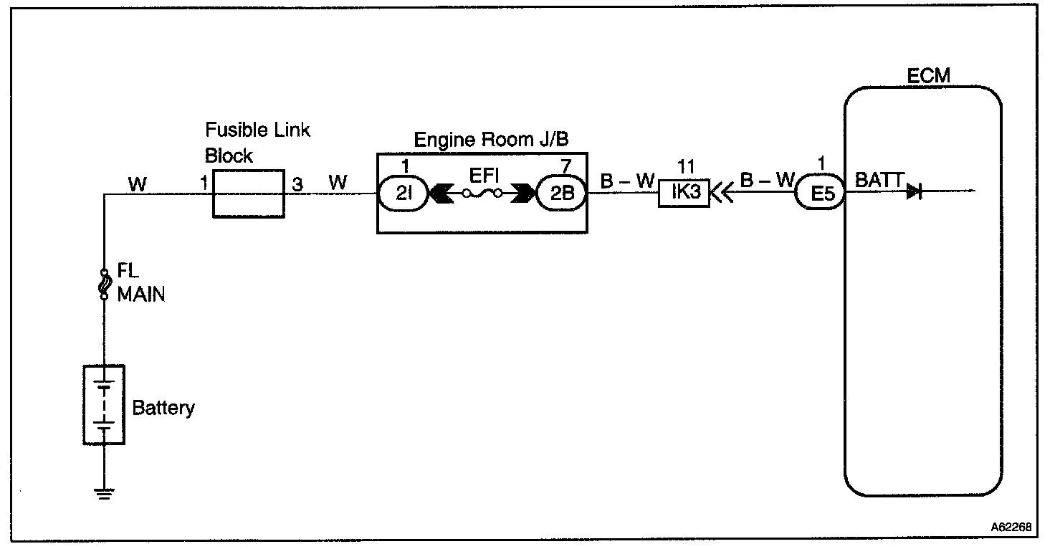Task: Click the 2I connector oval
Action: click(x=402, y=193)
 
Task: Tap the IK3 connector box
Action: click(x=683, y=194)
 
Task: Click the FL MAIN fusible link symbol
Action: click(x=105, y=285)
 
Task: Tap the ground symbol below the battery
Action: click(x=105, y=493)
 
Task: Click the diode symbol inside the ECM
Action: click(x=915, y=191)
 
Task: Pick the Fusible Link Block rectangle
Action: click(x=249, y=194)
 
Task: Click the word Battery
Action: click(x=163, y=409)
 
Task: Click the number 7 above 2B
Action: click(x=566, y=167)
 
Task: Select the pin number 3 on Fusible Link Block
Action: click(x=297, y=184)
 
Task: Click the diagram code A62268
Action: click(x=1011, y=527)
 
